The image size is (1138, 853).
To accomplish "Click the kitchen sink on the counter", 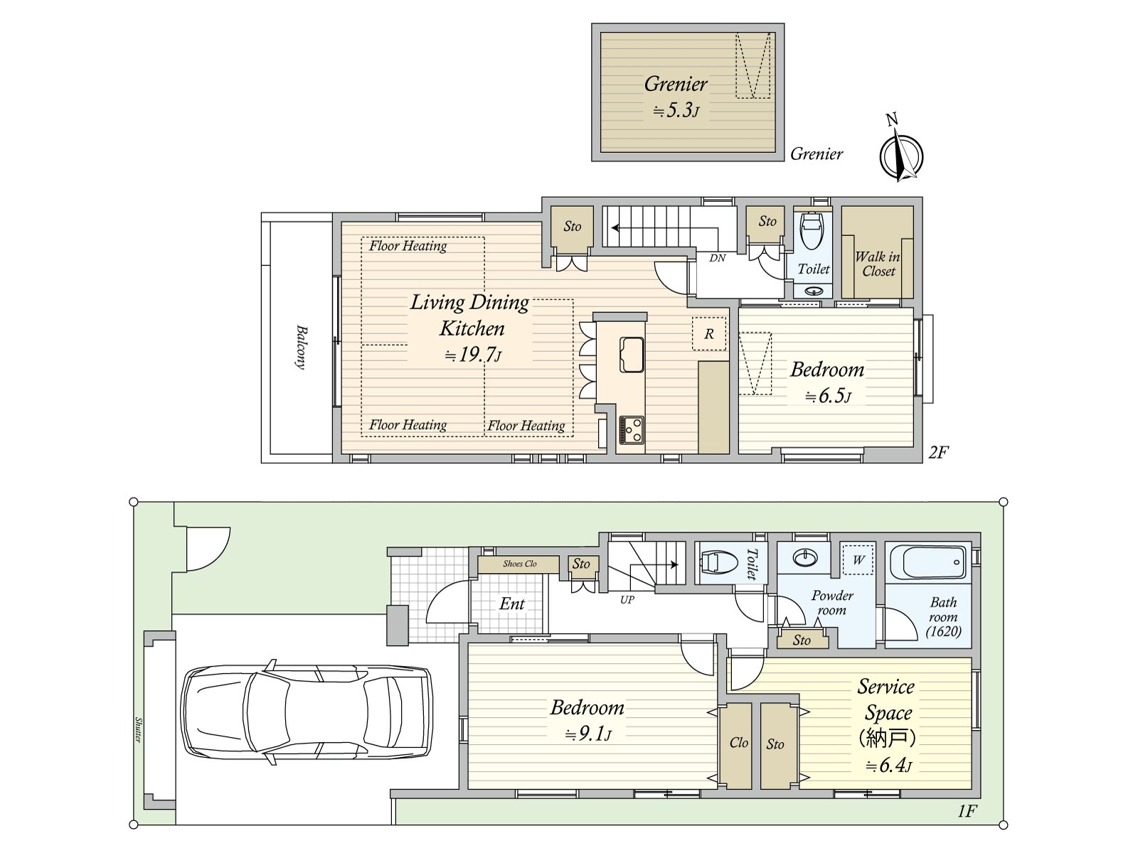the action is coord(632,355).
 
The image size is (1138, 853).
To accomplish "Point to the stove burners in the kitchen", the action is coord(632,430).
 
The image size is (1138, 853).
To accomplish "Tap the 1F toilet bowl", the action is coord(719,562).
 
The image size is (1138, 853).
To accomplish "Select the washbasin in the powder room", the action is coord(805,558).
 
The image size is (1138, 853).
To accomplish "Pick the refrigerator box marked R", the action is coord(708,334).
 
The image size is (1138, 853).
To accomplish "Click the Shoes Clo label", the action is coord(519,564).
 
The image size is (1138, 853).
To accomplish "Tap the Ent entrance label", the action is coord(511,604).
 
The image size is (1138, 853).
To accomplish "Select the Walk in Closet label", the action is coord(878,264).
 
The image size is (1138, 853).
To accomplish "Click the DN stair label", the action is coord(718,258).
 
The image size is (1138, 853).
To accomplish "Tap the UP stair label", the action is coord(627,600).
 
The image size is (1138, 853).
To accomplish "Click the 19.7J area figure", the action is coord(474,355).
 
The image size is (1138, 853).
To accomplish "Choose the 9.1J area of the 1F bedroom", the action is coord(588,734).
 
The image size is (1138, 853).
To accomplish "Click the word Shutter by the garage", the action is coord(139,729).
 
